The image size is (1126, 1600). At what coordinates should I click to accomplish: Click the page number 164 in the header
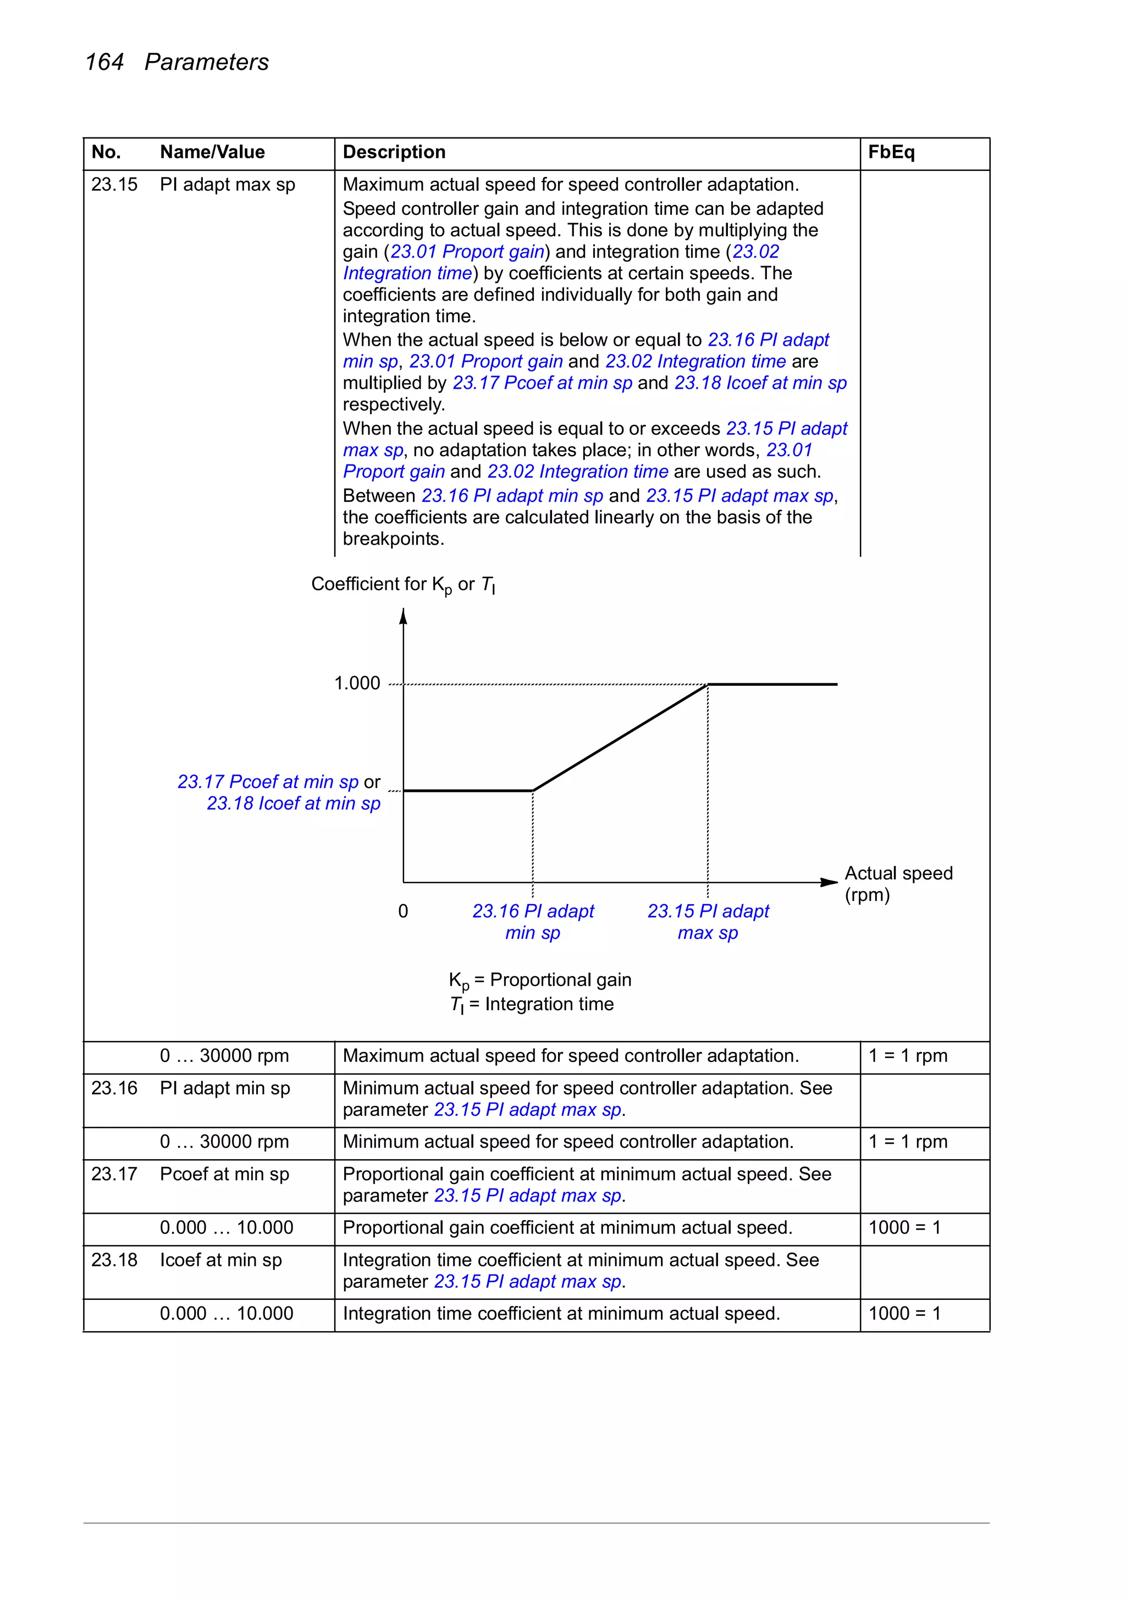click(x=104, y=62)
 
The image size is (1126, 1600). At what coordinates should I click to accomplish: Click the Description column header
click(x=394, y=152)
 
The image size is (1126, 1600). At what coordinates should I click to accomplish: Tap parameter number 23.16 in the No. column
click(x=114, y=1088)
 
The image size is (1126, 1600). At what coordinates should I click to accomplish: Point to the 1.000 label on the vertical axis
click(x=357, y=683)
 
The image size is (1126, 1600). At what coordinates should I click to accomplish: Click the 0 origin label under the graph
click(x=403, y=911)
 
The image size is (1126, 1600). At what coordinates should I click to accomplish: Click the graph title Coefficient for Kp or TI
click(x=403, y=585)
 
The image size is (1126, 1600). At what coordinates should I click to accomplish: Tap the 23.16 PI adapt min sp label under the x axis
click(x=533, y=921)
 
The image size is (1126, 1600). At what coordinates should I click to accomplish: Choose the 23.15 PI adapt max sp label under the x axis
click(x=708, y=921)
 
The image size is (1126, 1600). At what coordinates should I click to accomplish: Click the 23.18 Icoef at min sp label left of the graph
click(x=294, y=804)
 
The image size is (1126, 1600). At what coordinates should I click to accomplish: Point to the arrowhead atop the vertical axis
click(x=403, y=616)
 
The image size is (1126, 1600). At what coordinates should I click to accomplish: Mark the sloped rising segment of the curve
click(x=621, y=737)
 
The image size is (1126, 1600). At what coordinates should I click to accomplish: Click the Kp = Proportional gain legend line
click(x=540, y=980)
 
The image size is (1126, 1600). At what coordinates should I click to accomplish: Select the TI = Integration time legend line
click(x=532, y=1004)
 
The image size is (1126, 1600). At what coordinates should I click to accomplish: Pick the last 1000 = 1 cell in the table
click(x=904, y=1314)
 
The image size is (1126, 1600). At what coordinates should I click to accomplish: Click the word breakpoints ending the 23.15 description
click(x=393, y=539)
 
